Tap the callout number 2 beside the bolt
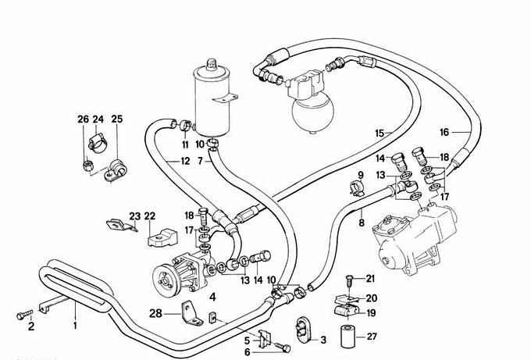pyautogui.click(x=32, y=326)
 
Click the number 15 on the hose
pyautogui.click(x=380, y=134)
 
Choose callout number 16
pyautogui.click(x=444, y=131)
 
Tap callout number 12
pyautogui.click(x=184, y=162)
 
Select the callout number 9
pyautogui.click(x=362, y=174)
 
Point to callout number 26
pyautogui.click(x=83, y=119)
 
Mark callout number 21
pyautogui.click(x=370, y=279)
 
